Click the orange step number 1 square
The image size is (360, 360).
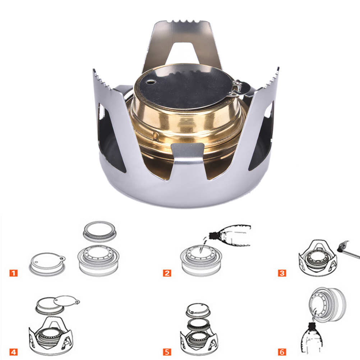(14, 273)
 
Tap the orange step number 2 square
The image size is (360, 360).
(167, 273)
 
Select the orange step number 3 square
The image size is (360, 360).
(282, 273)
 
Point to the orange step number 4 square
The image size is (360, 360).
(14, 352)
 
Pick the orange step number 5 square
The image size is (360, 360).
(167, 352)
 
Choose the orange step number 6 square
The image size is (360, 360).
(282, 352)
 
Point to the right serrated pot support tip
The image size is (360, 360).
(271, 78)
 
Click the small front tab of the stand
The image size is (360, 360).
(188, 149)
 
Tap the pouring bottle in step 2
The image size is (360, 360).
(230, 236)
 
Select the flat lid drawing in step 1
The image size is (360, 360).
(47, 264)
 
